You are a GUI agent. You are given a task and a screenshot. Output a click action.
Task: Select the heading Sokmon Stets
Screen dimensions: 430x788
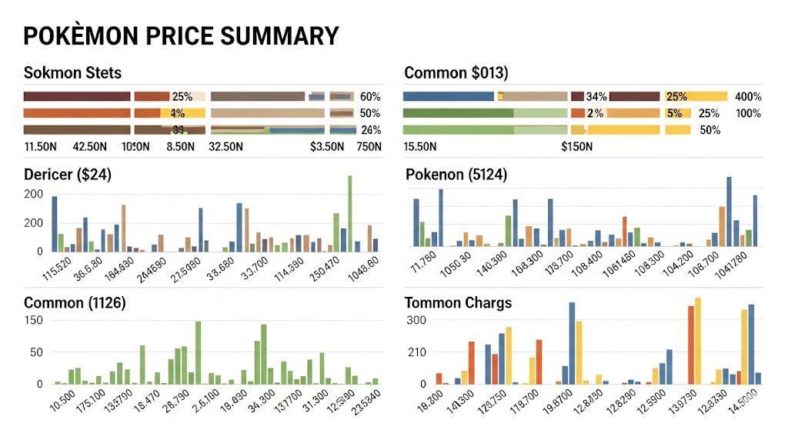coord(73,73)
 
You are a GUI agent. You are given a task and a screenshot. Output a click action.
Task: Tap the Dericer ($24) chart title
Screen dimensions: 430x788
coord(68,175)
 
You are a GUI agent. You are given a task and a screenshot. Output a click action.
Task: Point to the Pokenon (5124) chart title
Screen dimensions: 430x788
coord(456,175)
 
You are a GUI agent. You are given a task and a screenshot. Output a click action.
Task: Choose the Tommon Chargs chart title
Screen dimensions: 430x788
coord(458,302)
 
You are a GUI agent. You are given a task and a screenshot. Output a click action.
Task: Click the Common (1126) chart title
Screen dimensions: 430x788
coord(75,302)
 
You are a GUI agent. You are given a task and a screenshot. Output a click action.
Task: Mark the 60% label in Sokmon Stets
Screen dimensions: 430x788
coord(370,97)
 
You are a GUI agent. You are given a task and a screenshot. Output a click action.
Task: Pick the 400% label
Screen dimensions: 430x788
coord(748,97)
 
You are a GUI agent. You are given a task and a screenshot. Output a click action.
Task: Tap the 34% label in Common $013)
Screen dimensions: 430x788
coord(596,97)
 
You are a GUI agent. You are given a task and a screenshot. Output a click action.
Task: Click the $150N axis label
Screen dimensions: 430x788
coord(576,146)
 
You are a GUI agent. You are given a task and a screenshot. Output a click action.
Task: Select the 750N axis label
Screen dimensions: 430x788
coord(369,146)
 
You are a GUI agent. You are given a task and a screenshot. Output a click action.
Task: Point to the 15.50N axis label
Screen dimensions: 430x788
coord(420,146)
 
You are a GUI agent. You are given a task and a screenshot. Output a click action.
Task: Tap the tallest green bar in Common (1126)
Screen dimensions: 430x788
coord(198,352)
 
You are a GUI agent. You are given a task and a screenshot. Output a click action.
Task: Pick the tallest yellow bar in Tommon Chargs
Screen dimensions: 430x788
coord(698,340)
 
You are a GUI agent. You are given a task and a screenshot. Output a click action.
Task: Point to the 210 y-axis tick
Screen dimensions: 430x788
coord(416,352)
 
